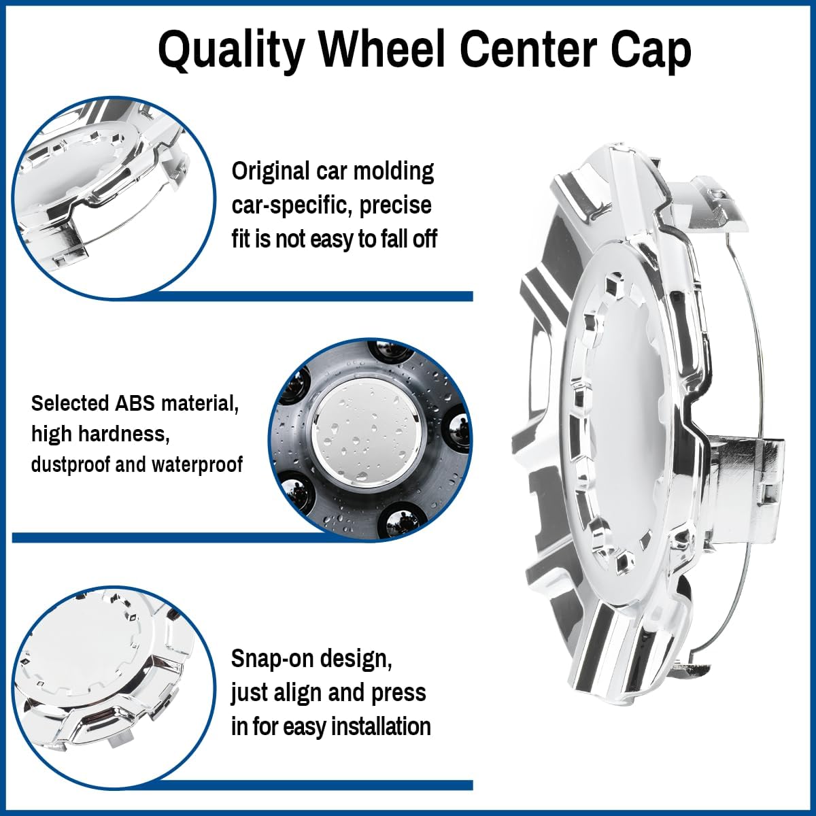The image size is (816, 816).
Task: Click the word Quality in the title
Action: point(231,50)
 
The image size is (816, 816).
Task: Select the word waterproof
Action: point(197,464)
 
